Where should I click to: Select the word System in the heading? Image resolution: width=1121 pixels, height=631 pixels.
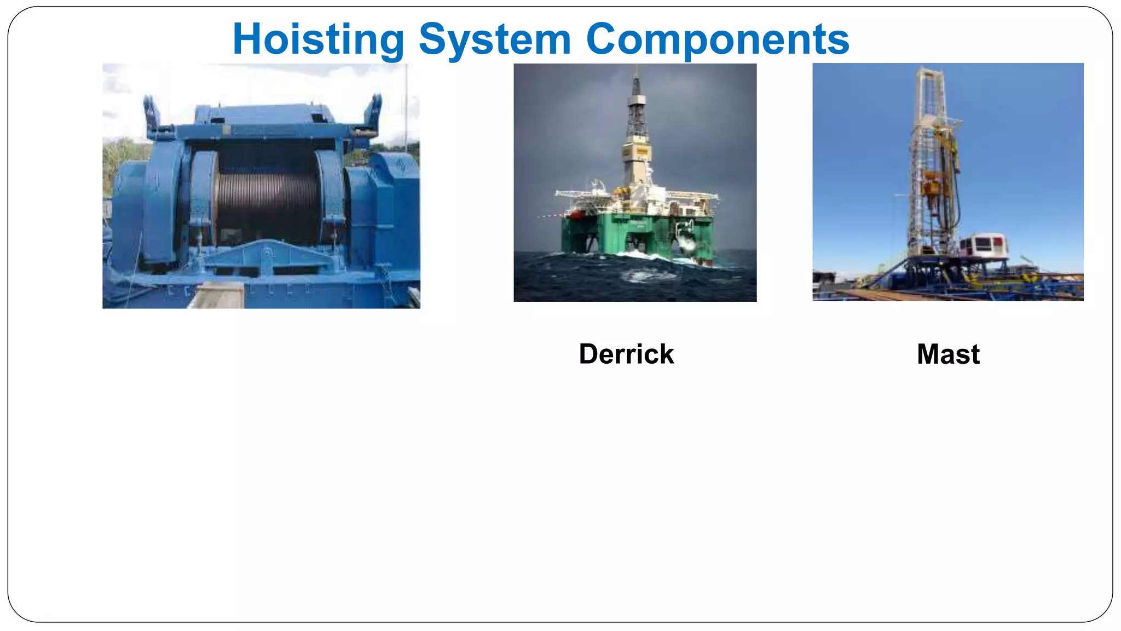click(495, 39)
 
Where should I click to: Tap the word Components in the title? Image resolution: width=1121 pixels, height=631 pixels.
click(717, 39)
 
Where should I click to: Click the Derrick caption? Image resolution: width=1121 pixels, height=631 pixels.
click(626, 354)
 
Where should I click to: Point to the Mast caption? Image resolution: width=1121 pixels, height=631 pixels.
click(948, 354)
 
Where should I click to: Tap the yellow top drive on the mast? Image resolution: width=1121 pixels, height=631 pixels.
click(930, 186)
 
